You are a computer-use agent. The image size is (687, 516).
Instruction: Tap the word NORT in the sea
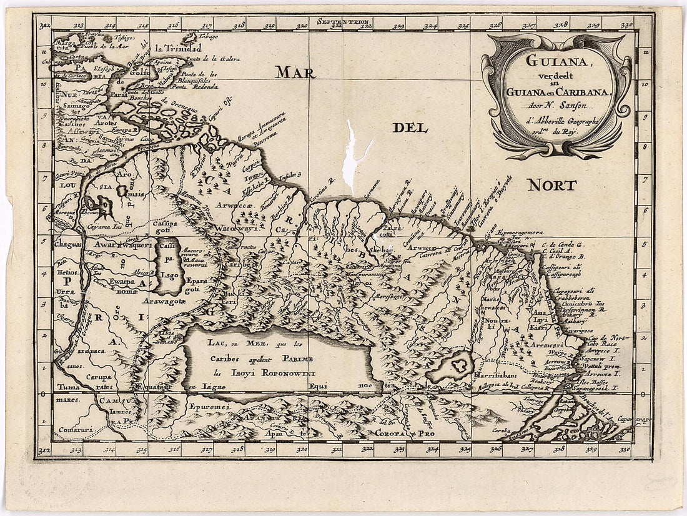pos(551,185)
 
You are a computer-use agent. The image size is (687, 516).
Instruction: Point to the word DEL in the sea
pos(410,129)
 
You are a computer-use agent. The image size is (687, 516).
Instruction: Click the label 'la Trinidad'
pos(179,49)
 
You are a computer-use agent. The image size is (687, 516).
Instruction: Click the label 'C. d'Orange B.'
pos(562,257)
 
